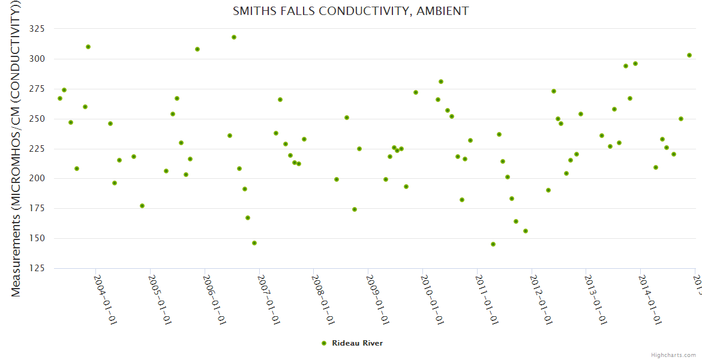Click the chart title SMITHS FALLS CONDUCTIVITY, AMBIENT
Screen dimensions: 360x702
pos(351,11)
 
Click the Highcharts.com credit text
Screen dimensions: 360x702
pos(674,355)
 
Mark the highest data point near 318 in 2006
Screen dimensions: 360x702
pos(234,37)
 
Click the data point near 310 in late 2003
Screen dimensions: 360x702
pos(88,47)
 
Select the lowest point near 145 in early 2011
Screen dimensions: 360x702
pos(493,244)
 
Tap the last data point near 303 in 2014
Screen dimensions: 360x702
pos(689,55)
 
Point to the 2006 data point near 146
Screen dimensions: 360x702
pos(254,243)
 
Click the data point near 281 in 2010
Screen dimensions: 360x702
pos(441,82)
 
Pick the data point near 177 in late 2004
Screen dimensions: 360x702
pos(142,206)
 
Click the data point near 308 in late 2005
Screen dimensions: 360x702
pos(197,49)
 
